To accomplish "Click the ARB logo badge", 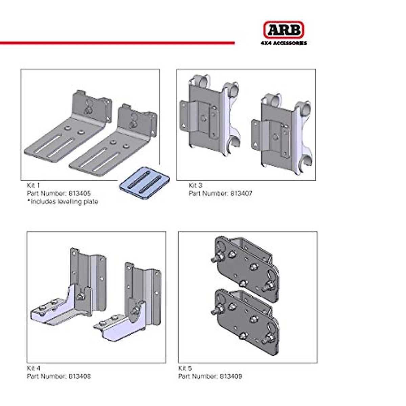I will [284, 30].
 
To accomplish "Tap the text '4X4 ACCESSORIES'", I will [284, 43].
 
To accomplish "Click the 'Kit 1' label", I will [33, 185].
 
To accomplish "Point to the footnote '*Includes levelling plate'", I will [62, 202].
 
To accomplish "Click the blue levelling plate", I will [144, 183].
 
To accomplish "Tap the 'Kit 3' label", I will [196, 185].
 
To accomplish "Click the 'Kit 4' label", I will [33, 368].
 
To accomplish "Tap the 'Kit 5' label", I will [185, 368].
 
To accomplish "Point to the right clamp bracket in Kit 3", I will [281, 132].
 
